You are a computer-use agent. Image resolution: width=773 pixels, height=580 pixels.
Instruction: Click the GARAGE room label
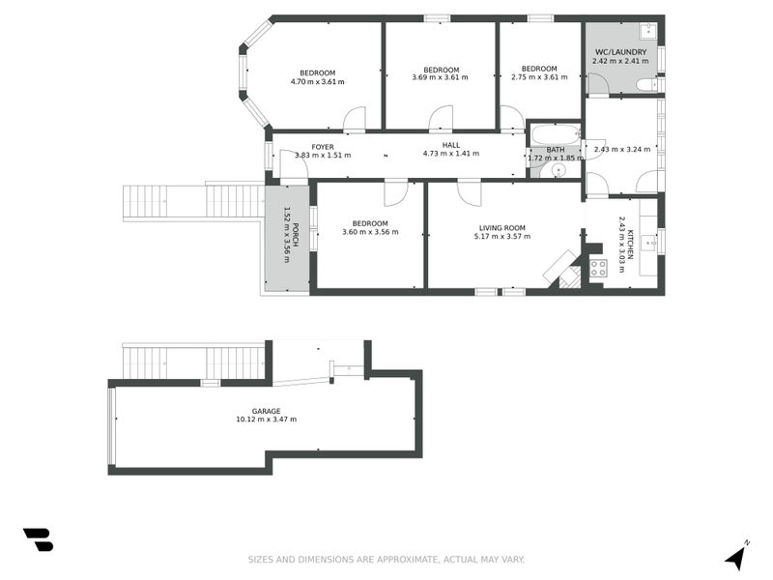(266, 410)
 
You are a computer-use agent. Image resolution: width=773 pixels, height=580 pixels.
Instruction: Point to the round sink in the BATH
(556, 170)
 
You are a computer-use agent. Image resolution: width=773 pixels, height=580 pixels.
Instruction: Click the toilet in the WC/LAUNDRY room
(646, 86)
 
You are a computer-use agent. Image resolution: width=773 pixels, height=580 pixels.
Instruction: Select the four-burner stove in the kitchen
(597, 268)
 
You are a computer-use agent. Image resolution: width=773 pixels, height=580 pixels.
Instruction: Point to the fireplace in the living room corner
(562, 269)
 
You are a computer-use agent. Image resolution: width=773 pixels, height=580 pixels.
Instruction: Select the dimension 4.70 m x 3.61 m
(317, 82)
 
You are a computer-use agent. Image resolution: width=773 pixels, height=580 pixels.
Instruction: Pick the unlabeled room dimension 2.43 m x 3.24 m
(623, 149)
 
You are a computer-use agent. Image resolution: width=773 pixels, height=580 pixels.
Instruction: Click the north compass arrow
(736, 556)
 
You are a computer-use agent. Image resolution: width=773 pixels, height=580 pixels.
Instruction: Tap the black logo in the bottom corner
(38, 539)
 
